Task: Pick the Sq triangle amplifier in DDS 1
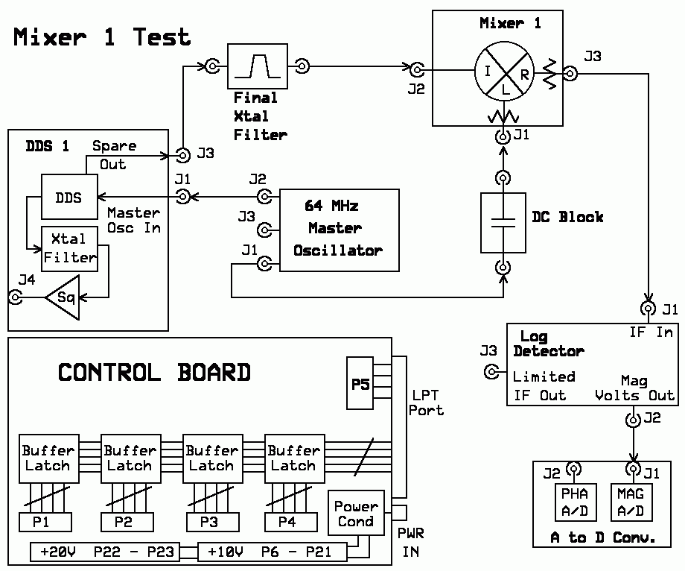[63, 297]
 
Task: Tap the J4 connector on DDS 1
[16, 297]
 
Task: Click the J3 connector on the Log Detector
[491, 372]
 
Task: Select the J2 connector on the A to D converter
[573, 469]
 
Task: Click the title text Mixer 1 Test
[102, 37]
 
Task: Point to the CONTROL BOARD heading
[154, 373]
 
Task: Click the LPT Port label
[426, 403]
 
